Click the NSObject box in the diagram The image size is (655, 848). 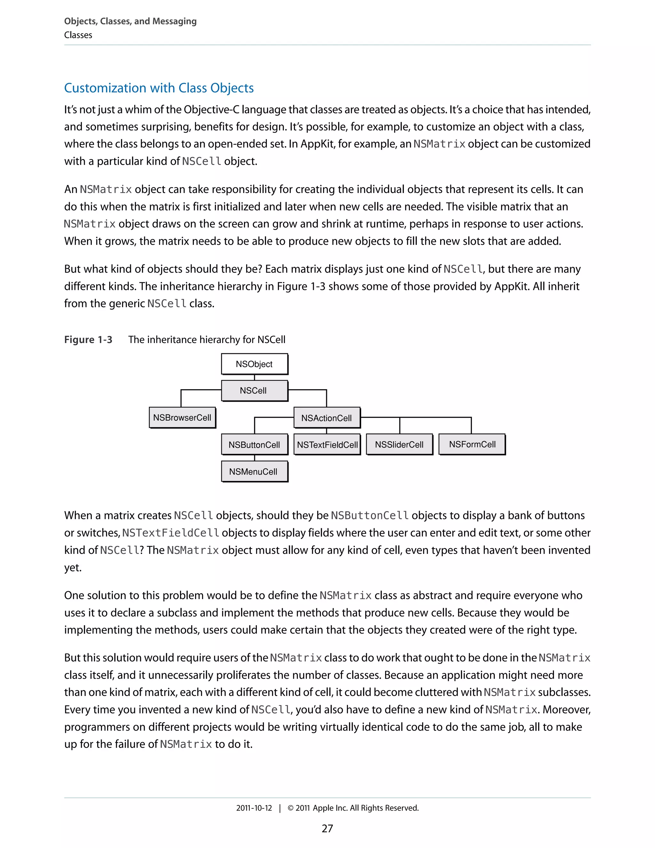(254, 364)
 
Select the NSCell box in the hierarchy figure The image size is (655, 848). (254, 391)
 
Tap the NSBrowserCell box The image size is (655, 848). (182, 418)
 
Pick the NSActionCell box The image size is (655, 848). (326, 418)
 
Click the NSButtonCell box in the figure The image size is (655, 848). (254, 444)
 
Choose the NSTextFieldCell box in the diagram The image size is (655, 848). (327, 444)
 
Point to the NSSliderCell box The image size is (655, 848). (399, 444)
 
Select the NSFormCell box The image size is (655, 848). (472, 444)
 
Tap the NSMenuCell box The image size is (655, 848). (254, 471)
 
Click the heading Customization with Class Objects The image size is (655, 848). (159, 88)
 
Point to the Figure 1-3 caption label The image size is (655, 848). (88, 340)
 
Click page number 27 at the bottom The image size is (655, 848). (327, 828)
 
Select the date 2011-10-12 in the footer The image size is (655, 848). (254, 808)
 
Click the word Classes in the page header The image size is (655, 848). (78, 35)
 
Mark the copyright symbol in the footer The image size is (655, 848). (290, 808)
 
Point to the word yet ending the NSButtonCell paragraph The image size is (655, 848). (72, 568)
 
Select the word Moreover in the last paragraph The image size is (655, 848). (565, 710)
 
